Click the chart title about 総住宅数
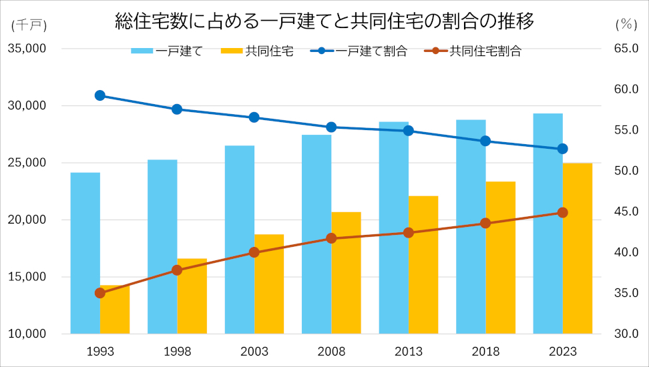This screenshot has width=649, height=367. [x=324, y=21]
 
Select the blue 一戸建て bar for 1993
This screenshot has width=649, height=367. [x=85, y=254]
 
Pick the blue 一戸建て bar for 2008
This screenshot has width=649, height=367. [x=316, y=234]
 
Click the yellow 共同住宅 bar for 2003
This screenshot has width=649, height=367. [x=269, y=284]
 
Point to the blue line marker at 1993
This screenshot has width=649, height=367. [x=100, y=95]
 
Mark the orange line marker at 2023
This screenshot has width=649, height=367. [x=562, y=212]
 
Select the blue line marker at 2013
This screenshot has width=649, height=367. [x=409, y=131]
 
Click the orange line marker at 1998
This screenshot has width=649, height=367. [x=177, y=270]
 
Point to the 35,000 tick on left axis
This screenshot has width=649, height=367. [x=26, y=49]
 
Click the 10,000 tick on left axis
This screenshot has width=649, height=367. [x=26, y=334]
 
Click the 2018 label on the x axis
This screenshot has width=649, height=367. [x=485, y=352]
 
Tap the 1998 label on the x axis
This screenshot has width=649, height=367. [x=177, y=352]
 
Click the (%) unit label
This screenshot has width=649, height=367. [x=626, y=25]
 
